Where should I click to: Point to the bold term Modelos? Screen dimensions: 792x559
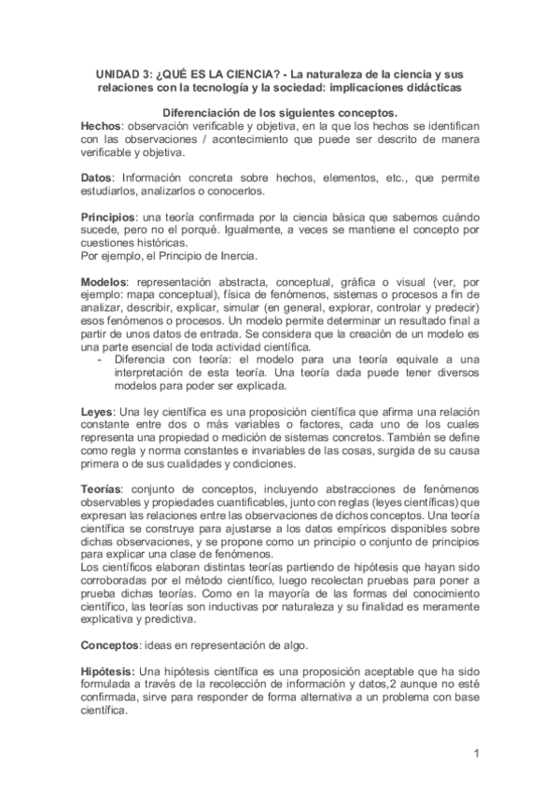104,281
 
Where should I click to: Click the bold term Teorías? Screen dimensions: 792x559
104,489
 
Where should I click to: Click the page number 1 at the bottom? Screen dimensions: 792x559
476,753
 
